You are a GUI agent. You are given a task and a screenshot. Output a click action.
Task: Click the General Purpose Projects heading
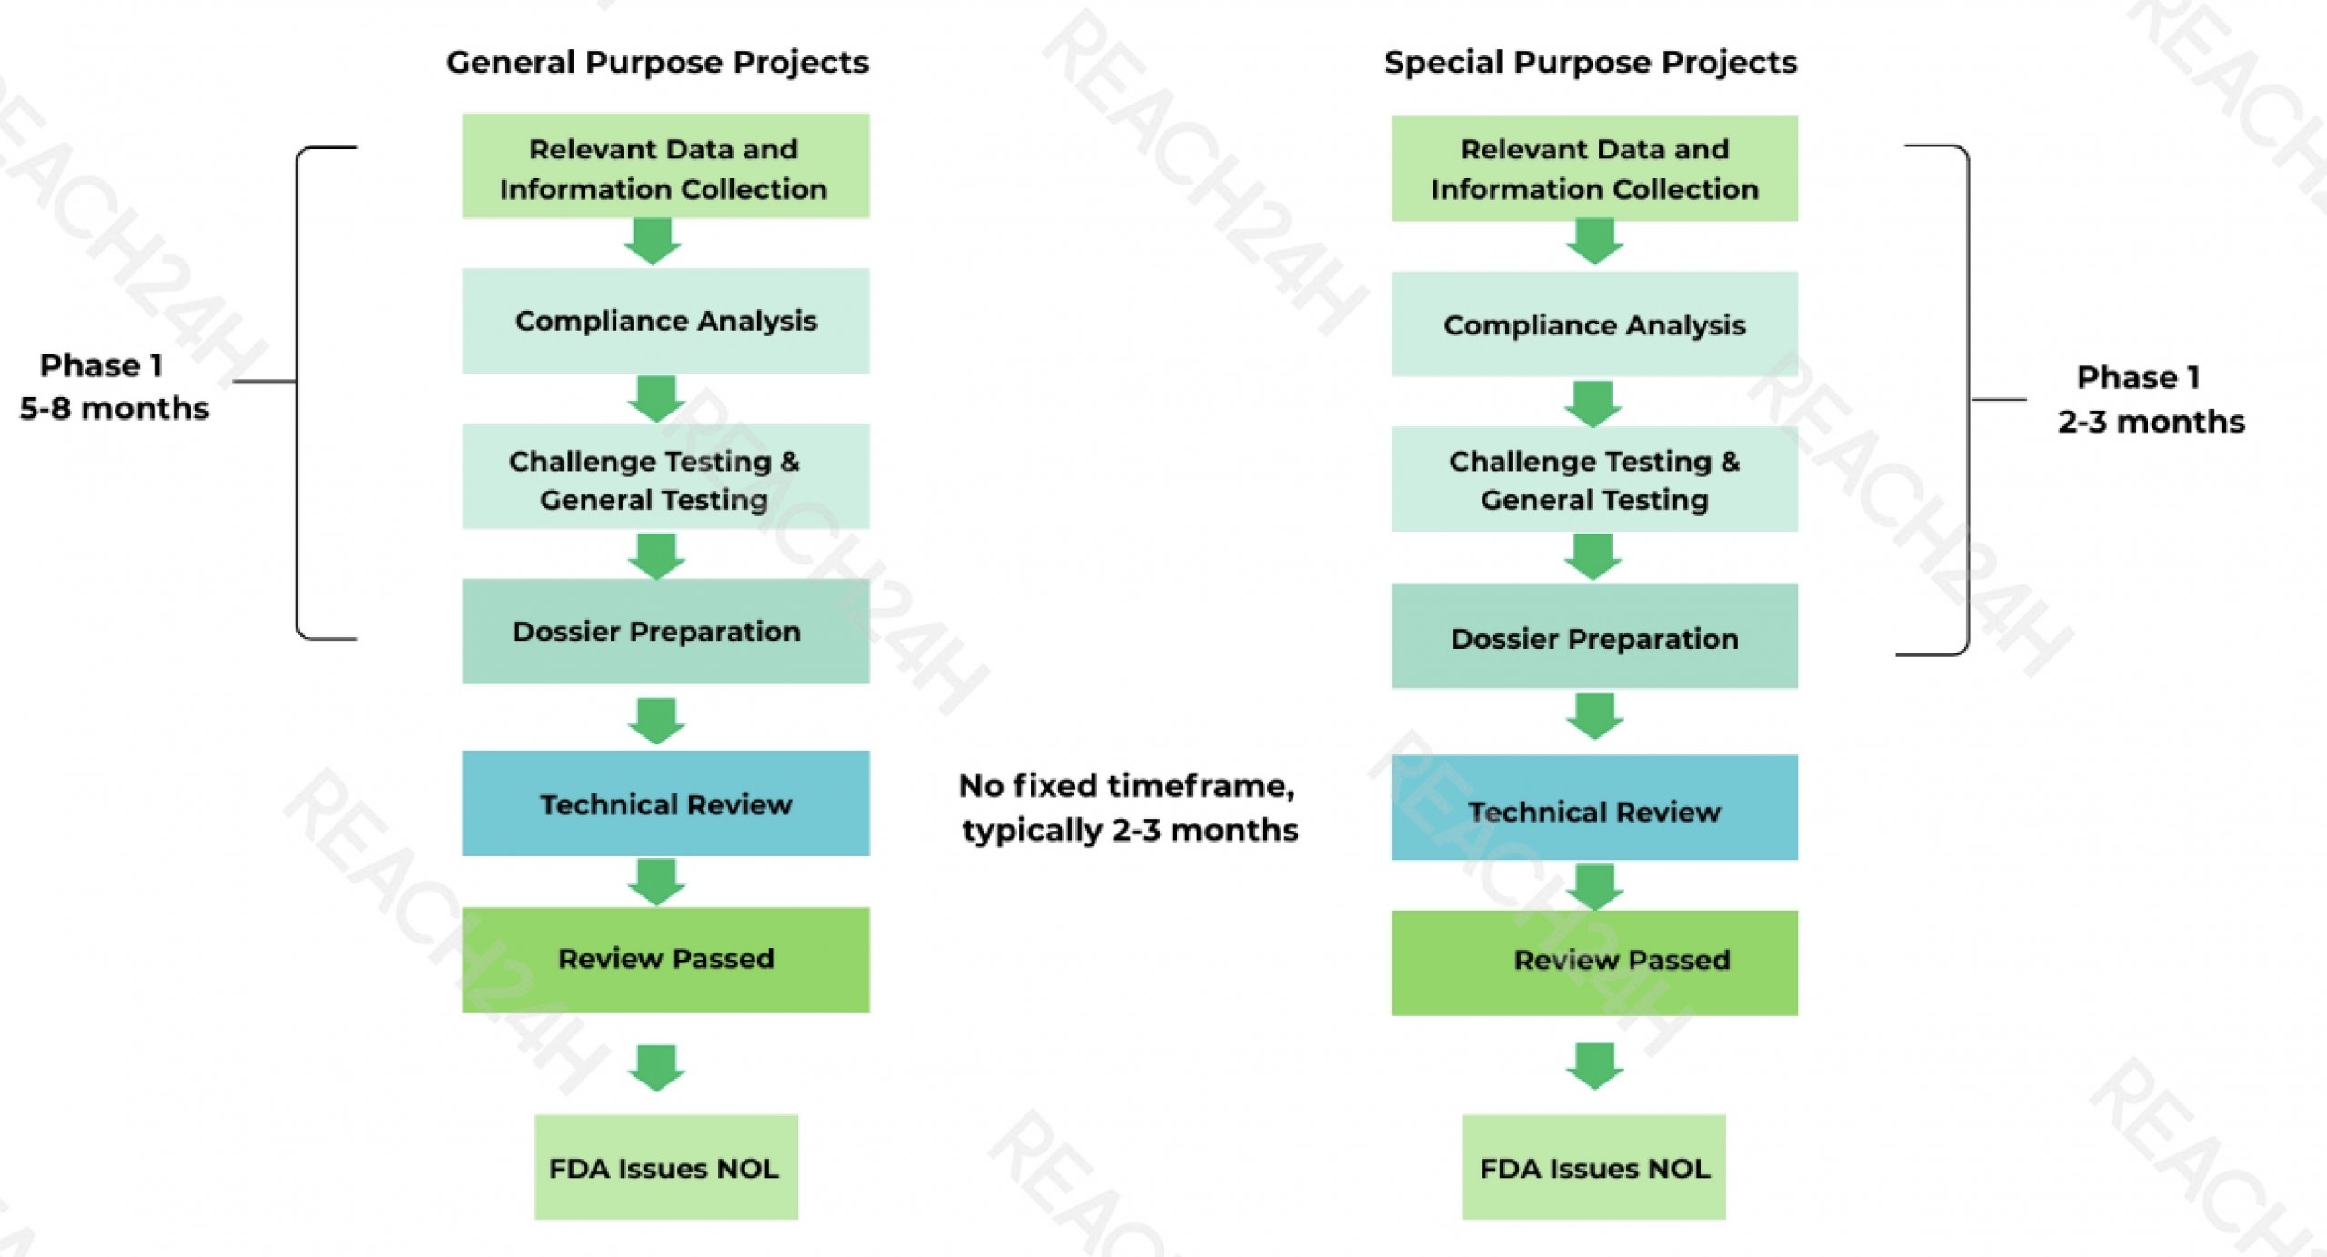657,62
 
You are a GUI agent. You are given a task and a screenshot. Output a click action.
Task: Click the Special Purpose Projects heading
1590,62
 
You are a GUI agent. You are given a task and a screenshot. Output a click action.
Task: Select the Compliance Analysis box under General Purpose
665,321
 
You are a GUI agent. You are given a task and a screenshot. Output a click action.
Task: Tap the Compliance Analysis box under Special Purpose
1594,324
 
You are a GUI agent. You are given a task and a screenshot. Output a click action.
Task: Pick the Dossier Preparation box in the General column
665,632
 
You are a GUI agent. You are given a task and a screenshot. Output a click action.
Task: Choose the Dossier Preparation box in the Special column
1594,637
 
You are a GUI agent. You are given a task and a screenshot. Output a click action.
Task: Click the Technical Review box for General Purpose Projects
665,803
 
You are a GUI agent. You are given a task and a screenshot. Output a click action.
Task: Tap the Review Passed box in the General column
665,959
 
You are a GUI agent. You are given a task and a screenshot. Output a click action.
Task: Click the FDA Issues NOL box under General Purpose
665,1167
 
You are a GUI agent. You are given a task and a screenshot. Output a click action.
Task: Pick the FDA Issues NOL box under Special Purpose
1593,1167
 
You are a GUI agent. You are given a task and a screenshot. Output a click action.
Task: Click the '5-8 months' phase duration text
115,408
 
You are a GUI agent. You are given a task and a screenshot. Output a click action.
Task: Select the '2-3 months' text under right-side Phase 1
2151,422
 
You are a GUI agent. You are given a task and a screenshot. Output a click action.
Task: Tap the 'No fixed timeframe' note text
1127,785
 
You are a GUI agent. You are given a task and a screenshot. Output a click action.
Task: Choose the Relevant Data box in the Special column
1594,168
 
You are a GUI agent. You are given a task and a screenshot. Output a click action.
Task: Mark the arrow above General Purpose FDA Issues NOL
656,1066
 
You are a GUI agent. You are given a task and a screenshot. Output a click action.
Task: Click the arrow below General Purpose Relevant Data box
653,241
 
